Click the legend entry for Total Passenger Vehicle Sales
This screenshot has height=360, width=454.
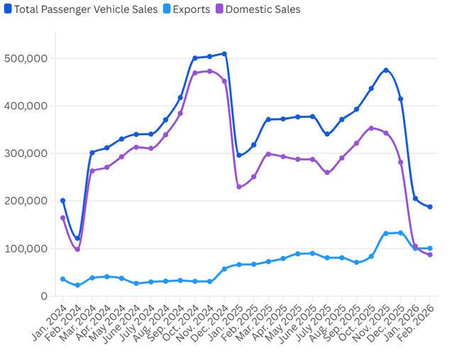coord(78,9)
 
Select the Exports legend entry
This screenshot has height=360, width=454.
coord(185,9)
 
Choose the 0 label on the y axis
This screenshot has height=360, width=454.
coord(43,296)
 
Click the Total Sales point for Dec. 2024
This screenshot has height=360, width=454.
coord(224,54)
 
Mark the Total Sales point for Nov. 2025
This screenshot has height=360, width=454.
coord(386,70)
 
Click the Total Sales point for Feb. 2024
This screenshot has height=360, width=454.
coord(77,239)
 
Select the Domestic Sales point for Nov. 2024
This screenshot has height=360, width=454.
coord(209,71)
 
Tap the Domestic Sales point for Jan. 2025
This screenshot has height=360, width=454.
coord(239,187)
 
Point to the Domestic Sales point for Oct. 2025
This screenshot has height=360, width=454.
coord(371,129)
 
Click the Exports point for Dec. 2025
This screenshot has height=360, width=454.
coord(401,233)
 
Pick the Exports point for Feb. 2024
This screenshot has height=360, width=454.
coord(77,285)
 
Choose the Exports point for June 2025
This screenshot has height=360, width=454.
coord(312,253)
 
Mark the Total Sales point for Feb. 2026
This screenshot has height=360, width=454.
coord(430,207)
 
